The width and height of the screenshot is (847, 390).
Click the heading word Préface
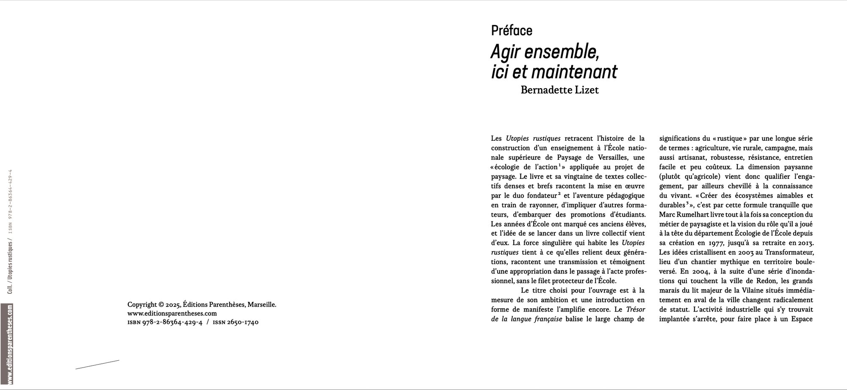point(512,31)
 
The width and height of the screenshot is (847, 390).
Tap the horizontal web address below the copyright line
point(172,313)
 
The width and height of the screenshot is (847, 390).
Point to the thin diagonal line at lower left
point(97,365)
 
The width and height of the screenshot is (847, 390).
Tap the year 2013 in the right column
point(804,243)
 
